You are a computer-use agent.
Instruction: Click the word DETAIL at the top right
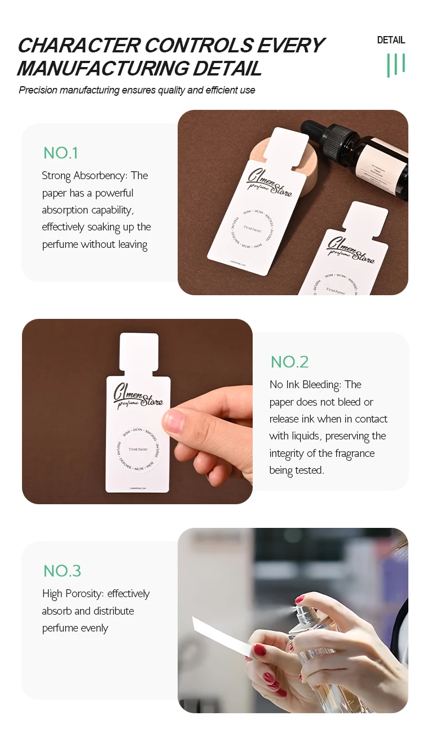[391, 40]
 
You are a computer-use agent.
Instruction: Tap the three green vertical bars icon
[396, 65]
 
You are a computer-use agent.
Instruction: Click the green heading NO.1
[60, 153]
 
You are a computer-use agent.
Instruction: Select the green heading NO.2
[289, 362]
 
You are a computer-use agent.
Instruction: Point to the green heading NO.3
[62, 571]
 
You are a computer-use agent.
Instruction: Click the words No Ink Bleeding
[305, 385]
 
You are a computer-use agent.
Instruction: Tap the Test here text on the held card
[138, 449]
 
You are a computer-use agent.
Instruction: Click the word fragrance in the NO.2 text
[350, 454]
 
